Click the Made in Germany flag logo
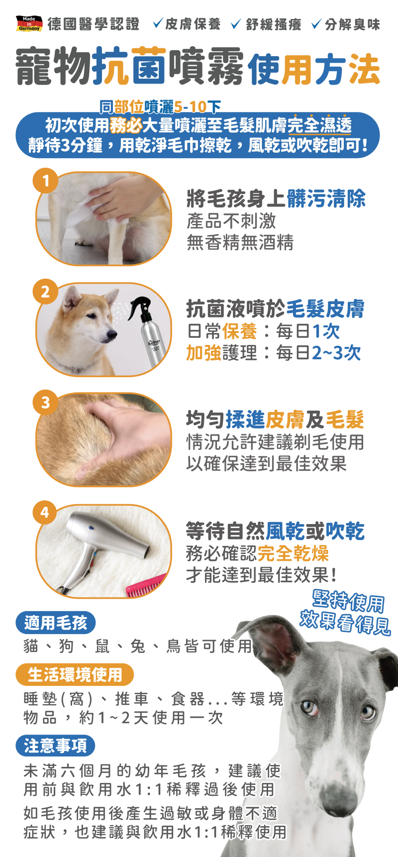29,24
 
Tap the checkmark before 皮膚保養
158,23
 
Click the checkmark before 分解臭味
316,23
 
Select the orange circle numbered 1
46,181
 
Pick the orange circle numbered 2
46,292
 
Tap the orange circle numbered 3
46,402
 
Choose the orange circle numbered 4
46,513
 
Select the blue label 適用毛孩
55,623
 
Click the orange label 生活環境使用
75,675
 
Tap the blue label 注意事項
55,746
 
